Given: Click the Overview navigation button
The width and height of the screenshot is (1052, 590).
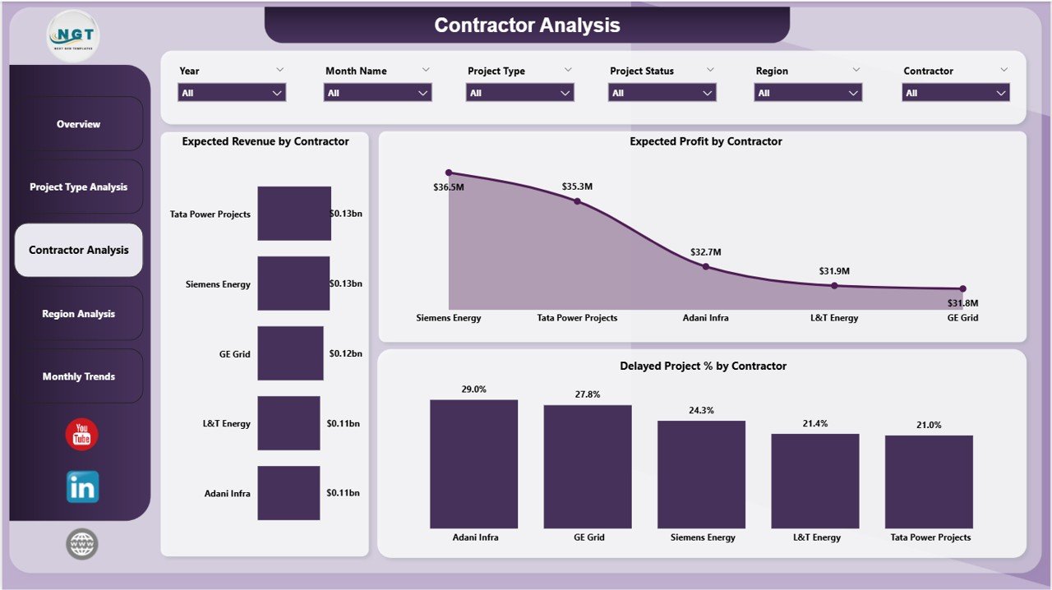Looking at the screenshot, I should [78, 124].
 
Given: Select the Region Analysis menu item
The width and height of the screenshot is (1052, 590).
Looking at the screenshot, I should [78, 314].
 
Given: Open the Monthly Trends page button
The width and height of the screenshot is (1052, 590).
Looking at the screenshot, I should [78, 376].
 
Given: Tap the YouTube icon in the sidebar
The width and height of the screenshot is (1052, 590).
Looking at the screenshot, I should [81, 435].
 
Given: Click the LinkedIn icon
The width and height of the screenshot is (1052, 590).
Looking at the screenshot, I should [82, 486].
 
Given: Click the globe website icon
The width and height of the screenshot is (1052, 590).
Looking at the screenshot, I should [82, 544].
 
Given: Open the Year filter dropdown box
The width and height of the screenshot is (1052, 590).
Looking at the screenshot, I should [232, 93].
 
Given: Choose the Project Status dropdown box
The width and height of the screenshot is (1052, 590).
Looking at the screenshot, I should [662, 93].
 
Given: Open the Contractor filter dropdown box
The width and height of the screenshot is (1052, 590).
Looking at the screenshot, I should [956, 93].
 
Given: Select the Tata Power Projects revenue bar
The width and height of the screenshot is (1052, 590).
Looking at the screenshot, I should [294, 214].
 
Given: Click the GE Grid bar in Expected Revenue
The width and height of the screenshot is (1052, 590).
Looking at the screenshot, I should [290, 353].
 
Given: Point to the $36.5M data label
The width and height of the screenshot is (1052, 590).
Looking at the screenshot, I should [449, 188].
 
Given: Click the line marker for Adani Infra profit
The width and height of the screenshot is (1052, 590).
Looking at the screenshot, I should [705, 266].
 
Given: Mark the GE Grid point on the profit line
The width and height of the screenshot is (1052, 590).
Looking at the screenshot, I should [962, 288].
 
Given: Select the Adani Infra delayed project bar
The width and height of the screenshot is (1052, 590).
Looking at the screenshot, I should [474, 464].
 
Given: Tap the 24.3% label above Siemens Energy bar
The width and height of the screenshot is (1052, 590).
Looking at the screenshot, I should [701, 410].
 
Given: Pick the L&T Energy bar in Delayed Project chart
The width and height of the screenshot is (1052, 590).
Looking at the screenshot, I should [814, 481].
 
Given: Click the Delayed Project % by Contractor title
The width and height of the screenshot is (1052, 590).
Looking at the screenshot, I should [703, 366].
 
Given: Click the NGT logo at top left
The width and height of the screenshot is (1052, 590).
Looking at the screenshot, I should [73, 37].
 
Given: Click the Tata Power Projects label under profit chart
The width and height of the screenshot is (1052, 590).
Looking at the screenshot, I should [577, 318].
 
